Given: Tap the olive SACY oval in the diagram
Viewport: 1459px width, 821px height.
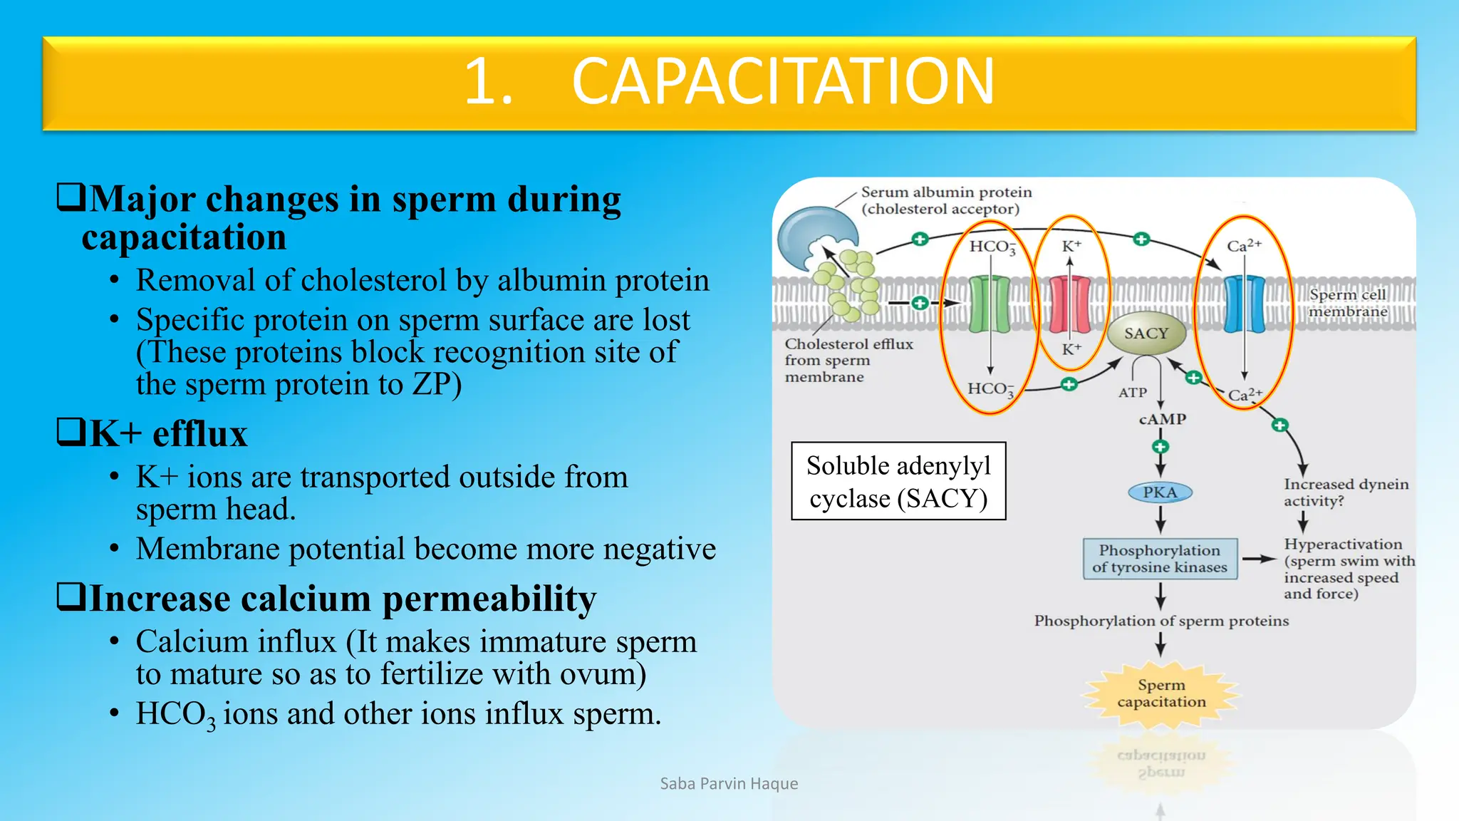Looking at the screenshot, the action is tap(1146, 334).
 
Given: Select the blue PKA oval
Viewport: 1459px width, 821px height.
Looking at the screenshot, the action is tap(1160, 492).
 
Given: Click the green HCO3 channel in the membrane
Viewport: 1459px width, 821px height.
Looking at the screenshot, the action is tap(990, 305).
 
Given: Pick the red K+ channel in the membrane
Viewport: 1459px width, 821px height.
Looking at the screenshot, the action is tap(1069, 305).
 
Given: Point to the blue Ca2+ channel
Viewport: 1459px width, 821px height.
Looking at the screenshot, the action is tap(1244, 305).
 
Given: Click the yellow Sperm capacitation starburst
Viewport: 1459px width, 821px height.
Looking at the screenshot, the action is tap(1161, 693).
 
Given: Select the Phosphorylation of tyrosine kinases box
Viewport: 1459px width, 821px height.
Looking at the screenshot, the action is tap(1160, 559).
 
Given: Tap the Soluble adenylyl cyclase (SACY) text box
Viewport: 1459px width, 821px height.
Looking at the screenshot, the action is tap(898, 482).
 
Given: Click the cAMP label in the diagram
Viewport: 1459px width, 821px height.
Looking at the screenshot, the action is tap(1162, 419).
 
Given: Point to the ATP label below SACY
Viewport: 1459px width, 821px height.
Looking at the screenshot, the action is tap(1132, 393).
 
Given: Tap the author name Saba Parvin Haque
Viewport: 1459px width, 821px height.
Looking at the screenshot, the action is tap(729, 784).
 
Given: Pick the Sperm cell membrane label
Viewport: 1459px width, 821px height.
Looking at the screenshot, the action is tap(1348, 303).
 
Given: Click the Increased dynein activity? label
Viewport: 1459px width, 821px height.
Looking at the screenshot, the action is tap(1345, 492).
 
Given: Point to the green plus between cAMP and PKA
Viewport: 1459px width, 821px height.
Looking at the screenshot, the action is tap(1161, 447).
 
